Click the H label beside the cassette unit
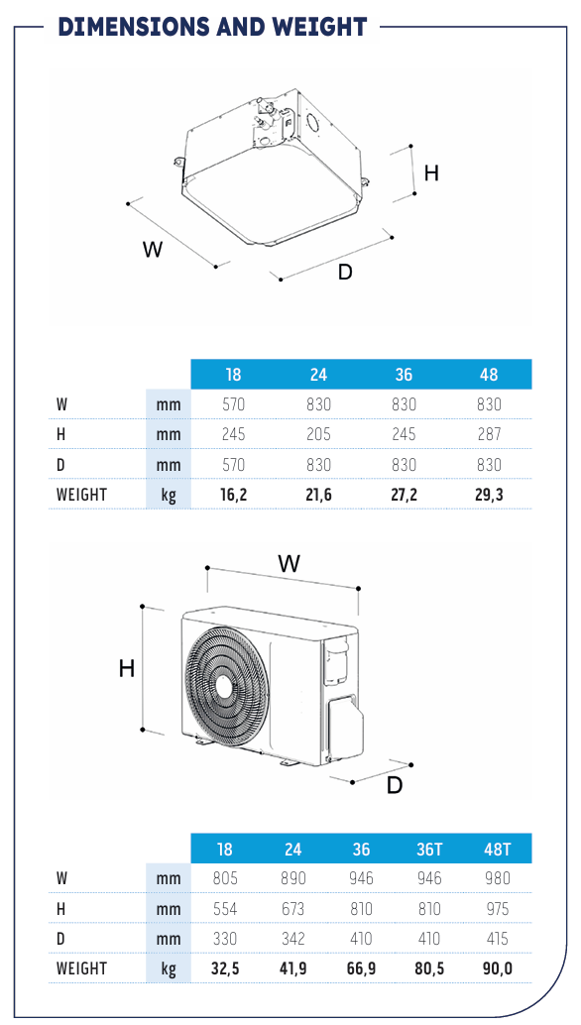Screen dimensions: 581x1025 pos(431,173)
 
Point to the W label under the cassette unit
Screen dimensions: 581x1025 pos(153,249)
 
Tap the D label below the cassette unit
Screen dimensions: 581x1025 pos(345,272)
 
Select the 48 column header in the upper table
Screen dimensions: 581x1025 pos(489,375)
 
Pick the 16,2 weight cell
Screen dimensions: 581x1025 pos(233,495)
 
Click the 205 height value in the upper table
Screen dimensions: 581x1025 pos(318,434)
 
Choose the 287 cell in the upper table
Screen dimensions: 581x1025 pos(489,434)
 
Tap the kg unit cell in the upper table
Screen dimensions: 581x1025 pos(169,495)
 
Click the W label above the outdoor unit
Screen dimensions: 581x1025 pos(289,563)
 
